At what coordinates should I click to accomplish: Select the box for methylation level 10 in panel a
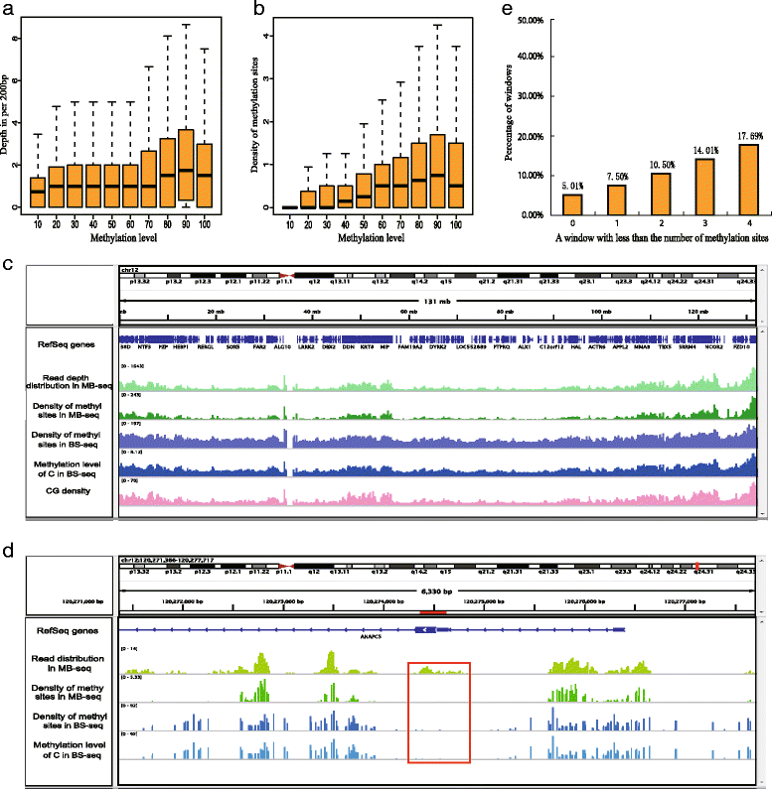37,192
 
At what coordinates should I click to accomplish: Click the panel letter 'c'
8,267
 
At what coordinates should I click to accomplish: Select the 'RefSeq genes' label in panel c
66,339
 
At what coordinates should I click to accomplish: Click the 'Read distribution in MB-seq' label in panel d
66,661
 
